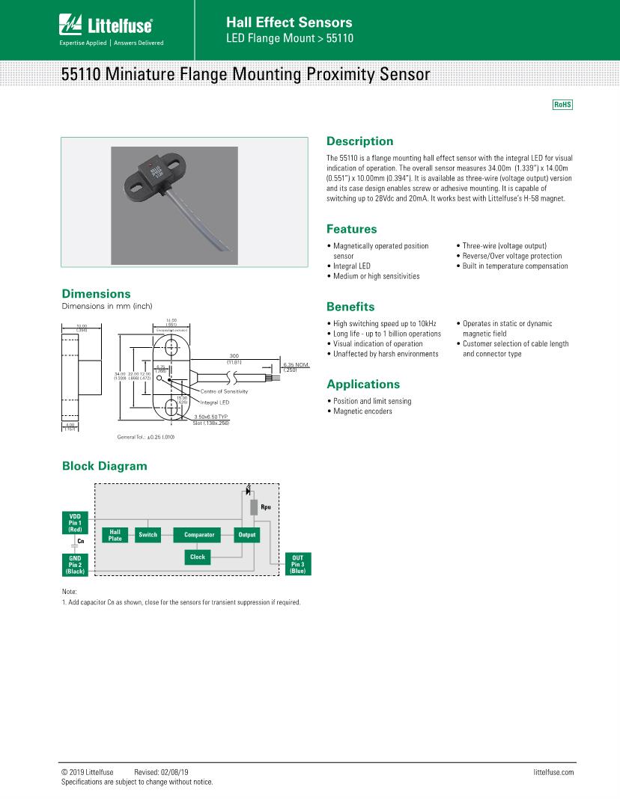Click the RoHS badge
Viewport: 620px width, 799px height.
coord(562,105)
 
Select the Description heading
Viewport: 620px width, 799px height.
coord(359,141)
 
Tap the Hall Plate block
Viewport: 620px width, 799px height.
coord(115,535)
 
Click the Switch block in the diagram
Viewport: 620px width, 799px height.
coord(148,535)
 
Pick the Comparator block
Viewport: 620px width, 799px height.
coord(199,535)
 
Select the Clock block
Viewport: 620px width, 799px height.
coord(198,557)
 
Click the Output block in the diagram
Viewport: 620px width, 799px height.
coord(246,535)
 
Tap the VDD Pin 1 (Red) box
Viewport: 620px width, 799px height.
coord(74,523)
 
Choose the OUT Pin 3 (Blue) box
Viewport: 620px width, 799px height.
coord(297,564)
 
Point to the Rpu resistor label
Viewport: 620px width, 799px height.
coord(265,508)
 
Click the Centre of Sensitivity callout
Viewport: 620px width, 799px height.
coord(224,391)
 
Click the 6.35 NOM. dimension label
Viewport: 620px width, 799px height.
coord(296,366)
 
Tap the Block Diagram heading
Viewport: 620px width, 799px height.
coord(104,466)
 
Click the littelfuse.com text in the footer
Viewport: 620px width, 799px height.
coord(553,772)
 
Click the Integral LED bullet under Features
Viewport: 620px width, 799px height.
coord(351,266)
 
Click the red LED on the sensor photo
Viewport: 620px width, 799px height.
coord(153,162)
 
